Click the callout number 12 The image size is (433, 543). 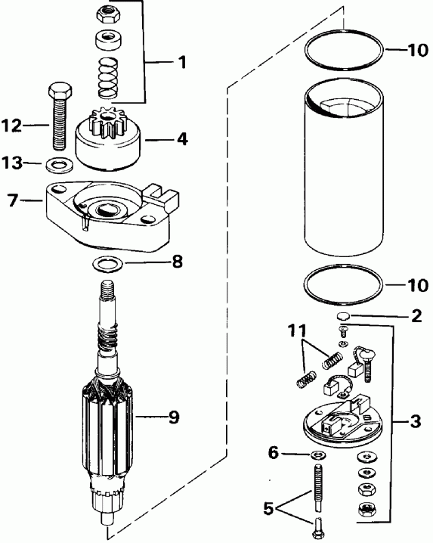click(13, 126)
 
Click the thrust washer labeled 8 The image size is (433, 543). click(105, 265)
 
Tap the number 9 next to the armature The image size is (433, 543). click(174, 417)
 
